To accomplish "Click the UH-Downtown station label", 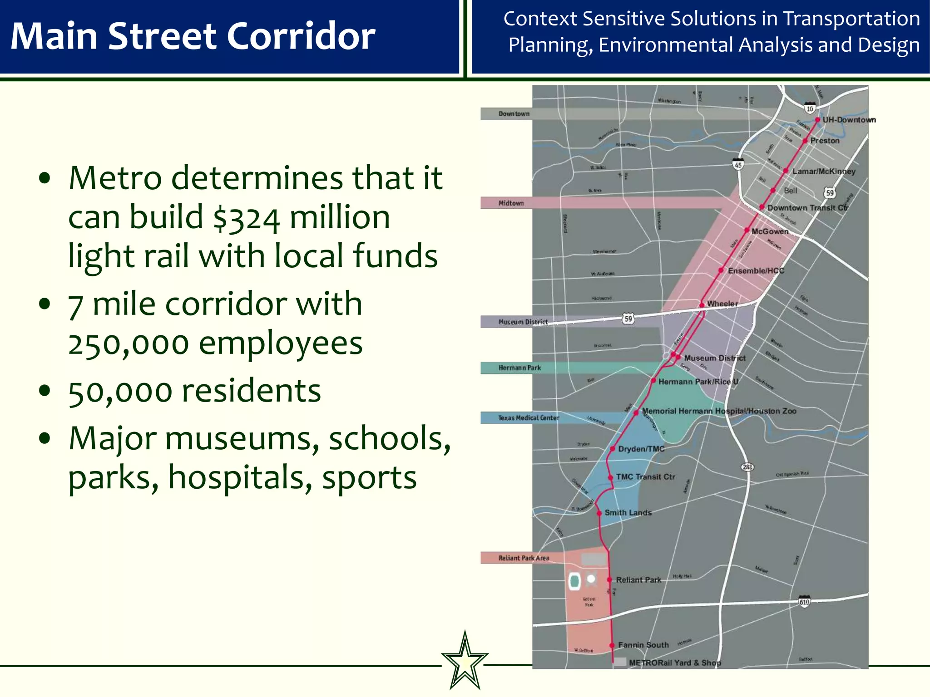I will (849, 120).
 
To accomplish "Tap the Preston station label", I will (825, 141).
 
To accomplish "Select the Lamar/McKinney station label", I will (824, 172).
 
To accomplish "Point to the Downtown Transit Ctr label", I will (807, 208).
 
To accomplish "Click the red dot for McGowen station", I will (747, 231).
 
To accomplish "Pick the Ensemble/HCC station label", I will (756, 271).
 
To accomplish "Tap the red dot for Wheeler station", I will (702, 305).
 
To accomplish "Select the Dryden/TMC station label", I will (641, 449).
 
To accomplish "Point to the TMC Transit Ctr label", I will (645, 477).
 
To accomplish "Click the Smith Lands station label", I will (628, 513).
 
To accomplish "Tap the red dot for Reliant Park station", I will (609, 580).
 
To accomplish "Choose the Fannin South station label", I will (643, 645).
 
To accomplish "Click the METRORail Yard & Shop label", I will (675, 663).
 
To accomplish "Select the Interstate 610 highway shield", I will (804, 601).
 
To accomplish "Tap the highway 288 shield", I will (747, 467).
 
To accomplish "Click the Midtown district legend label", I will (511, 203).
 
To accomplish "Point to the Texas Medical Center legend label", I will (528, 418).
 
